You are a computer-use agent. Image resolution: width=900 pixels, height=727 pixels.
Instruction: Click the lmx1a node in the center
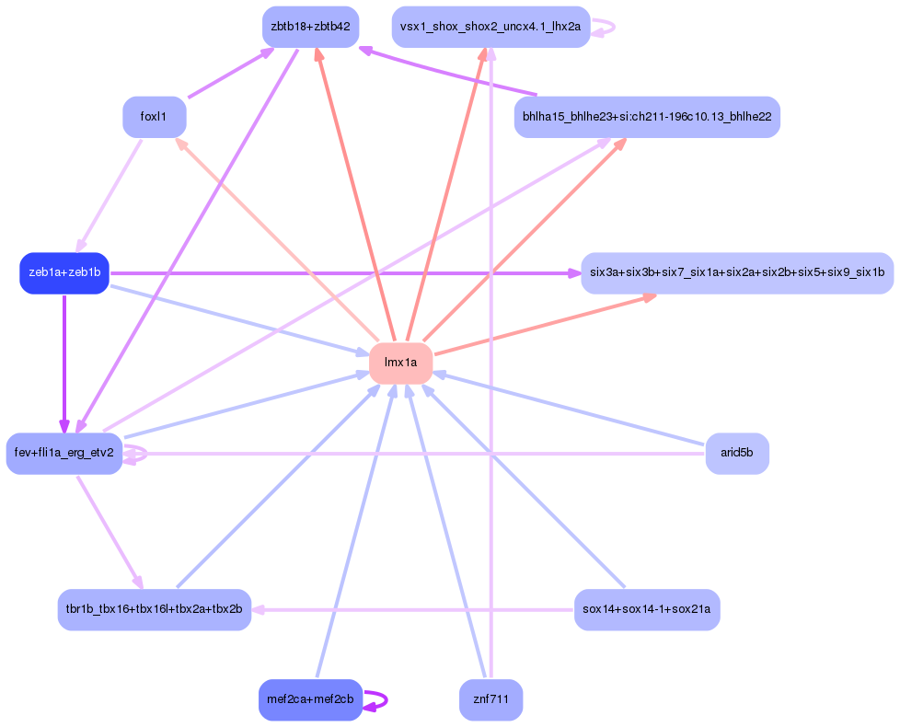400,363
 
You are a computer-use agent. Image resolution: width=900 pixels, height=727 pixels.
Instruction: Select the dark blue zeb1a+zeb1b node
64,273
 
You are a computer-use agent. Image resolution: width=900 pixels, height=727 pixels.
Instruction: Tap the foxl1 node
155,117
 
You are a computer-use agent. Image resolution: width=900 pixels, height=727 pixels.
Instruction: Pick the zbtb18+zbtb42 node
310,27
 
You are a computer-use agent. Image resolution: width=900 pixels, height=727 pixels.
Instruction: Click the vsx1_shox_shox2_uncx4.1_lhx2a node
490,27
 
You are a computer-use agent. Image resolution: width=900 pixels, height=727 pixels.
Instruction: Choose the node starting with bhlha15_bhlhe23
647,117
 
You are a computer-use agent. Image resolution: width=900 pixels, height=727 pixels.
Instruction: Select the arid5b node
736,453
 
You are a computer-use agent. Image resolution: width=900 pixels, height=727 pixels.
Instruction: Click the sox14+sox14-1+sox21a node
647,609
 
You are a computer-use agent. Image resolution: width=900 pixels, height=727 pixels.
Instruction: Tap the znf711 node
490,699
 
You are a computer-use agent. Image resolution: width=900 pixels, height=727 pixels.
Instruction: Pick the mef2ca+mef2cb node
310,699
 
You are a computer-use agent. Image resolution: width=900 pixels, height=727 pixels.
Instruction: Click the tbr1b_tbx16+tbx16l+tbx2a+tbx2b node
155,609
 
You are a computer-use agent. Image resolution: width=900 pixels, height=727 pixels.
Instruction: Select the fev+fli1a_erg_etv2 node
64,453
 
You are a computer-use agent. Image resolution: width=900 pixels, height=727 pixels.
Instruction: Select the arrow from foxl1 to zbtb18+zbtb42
230,73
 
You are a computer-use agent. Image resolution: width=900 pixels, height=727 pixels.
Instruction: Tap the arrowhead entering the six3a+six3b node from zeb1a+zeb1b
572,273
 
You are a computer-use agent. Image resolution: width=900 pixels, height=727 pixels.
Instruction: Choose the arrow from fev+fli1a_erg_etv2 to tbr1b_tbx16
110,531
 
